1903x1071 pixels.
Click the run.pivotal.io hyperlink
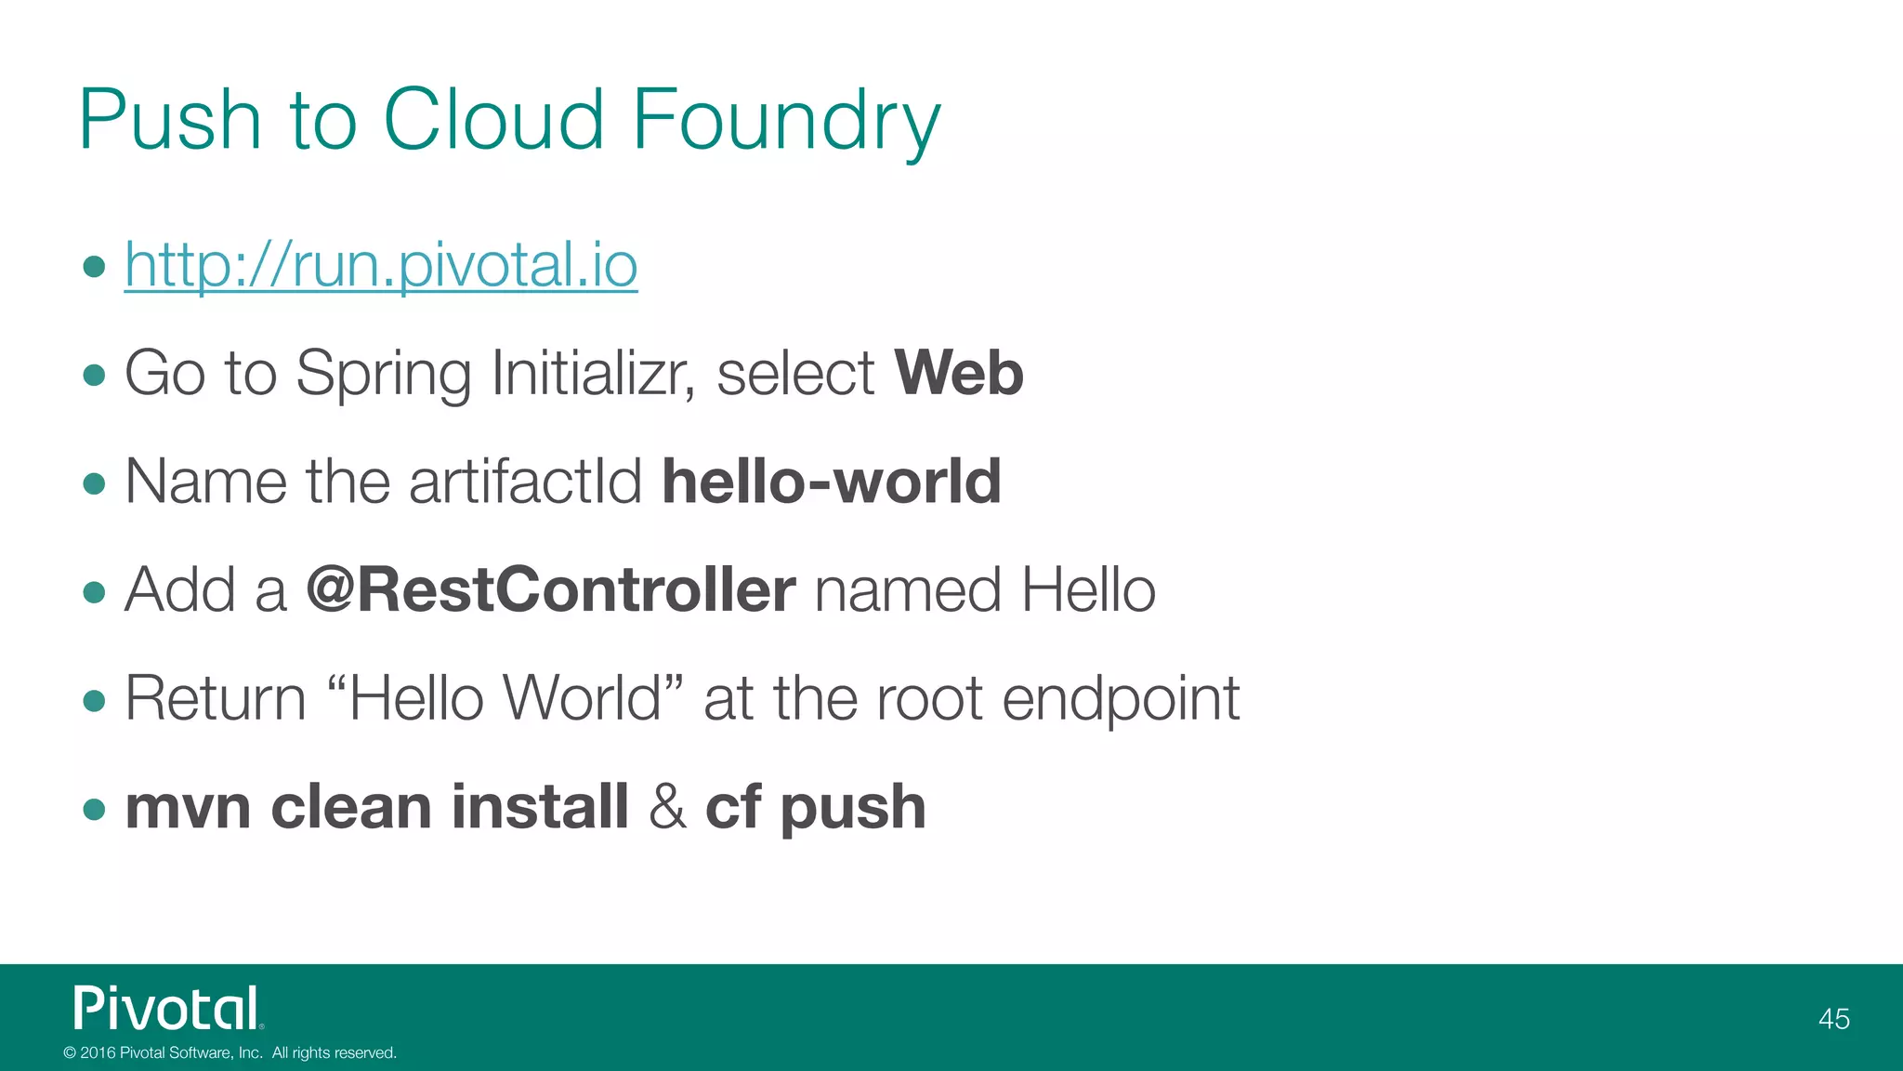tap(381, 266)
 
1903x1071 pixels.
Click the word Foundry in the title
tap(786, 121)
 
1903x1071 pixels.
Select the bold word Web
tap(958, 374)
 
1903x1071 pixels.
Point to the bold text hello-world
tap(832, 482)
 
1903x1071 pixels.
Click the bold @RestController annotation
tap(550, 590)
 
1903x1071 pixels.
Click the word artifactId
tap(525, 482)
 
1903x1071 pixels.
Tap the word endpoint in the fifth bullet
tap(1121, 699)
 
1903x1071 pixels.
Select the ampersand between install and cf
tap(667, 806)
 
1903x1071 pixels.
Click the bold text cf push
tap(815, 807)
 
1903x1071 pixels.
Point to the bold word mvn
tap(188, 807)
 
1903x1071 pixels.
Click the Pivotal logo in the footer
tap(168, 1009)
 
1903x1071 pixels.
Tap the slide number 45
tap(1833, 1019)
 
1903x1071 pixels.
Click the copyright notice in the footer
tap(230, 1052)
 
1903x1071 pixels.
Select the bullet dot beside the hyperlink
tap(94, 268)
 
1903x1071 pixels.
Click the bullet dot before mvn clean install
tap(94, 808)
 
